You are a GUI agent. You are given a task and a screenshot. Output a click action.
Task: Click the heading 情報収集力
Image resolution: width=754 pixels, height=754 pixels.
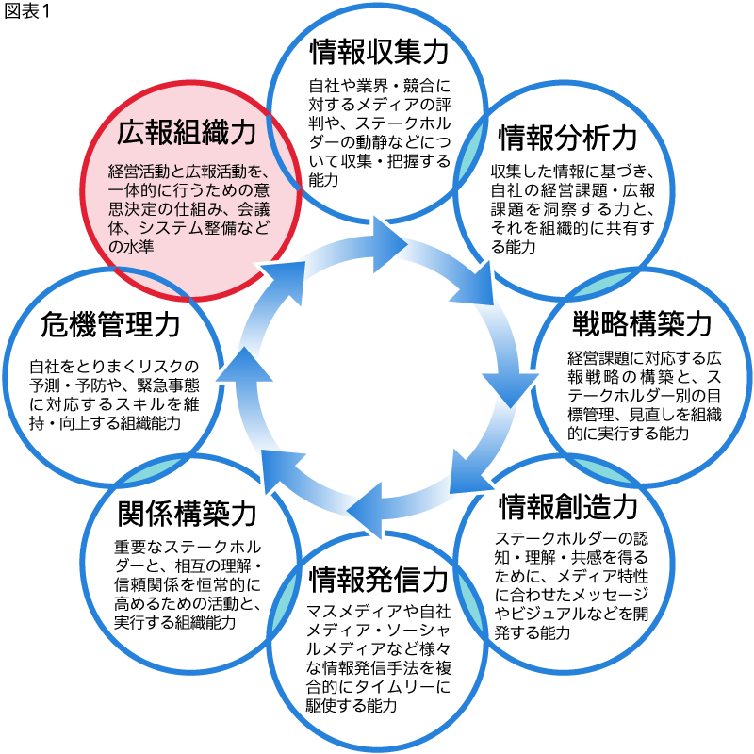pos(377,50)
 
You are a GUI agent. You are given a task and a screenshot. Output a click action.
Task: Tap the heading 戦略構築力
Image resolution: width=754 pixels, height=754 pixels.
pos(642,323)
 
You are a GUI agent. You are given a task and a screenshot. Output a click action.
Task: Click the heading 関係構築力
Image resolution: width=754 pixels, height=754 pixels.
pos(188,514)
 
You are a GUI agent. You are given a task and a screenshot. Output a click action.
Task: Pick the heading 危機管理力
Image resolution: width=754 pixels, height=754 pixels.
pos(110,325)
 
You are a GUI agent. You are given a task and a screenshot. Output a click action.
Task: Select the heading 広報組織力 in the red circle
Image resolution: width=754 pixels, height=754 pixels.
pos(187,134)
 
